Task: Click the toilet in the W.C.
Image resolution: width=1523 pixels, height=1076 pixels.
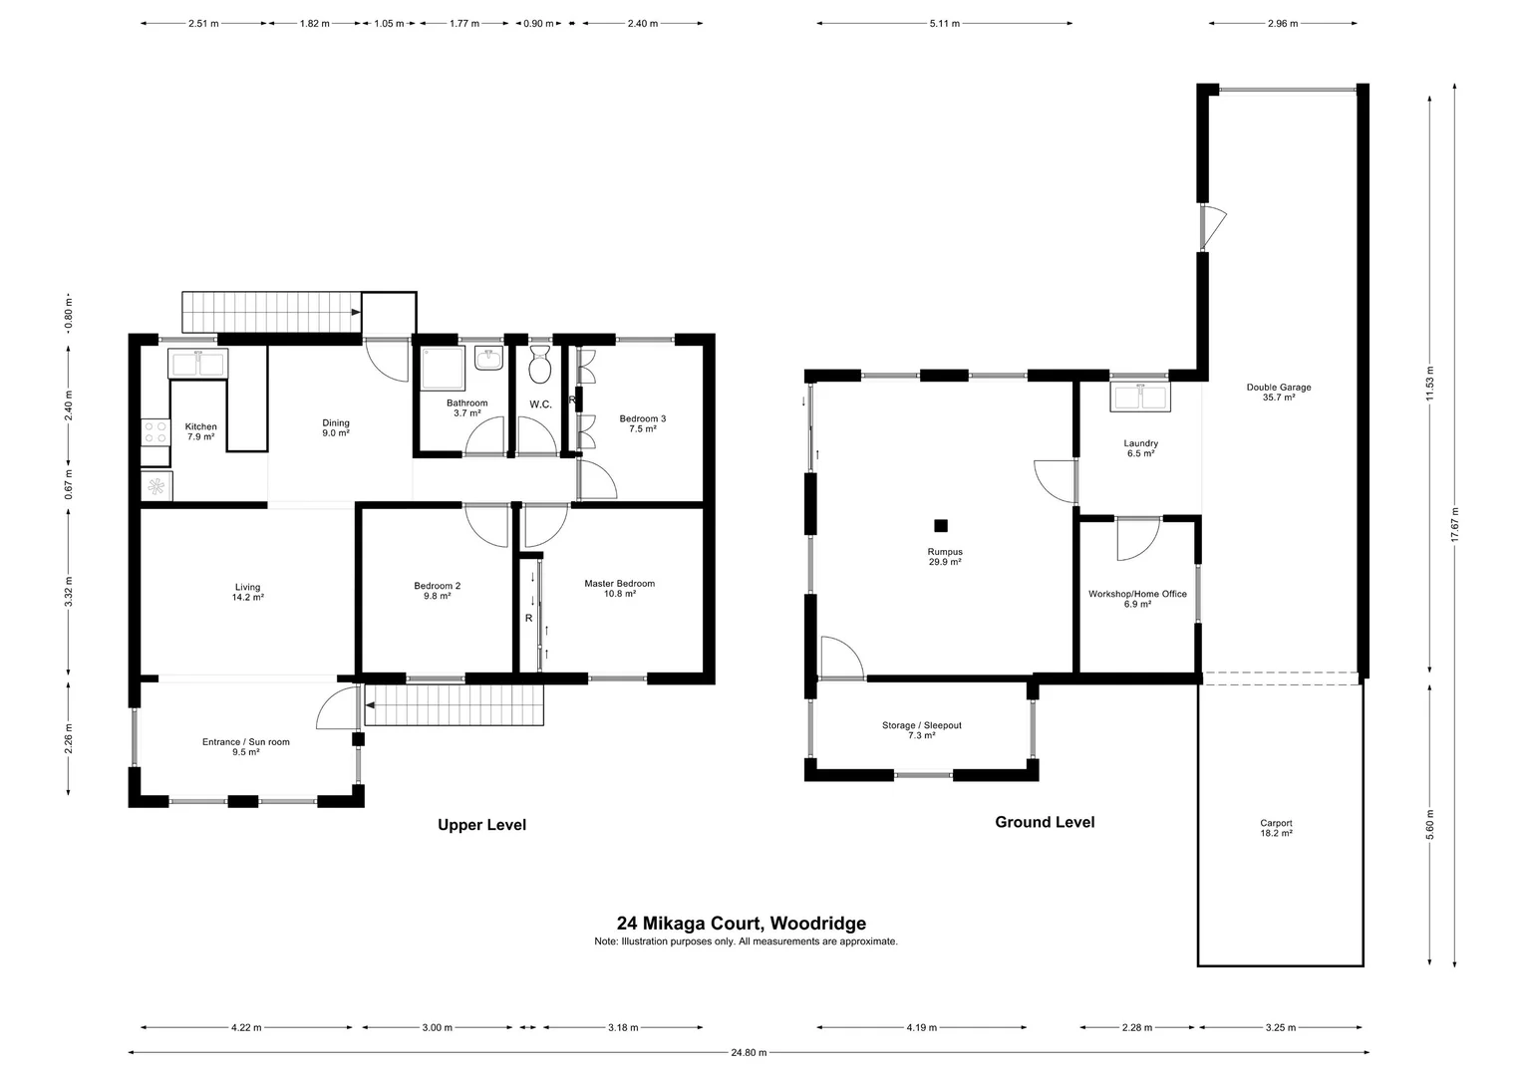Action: [x=540, y=367]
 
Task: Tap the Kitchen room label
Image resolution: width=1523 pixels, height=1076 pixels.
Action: [x=200, y=426]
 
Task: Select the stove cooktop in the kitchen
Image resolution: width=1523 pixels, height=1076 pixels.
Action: [x=155, y=431]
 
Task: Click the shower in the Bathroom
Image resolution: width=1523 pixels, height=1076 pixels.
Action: [x=441, y=369]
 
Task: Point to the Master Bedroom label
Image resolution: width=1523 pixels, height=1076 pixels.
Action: [x=619, y=584]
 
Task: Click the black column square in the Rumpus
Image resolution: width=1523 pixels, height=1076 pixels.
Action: [x=940, y=525]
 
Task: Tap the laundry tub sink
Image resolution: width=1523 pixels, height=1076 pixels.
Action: [x=1140, y=397]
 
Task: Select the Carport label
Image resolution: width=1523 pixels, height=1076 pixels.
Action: [x=1276, y=823]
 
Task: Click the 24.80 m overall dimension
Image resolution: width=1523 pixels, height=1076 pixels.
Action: [x=748, y=1052]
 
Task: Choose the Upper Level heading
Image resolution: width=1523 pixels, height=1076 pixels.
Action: [x=481, y=825]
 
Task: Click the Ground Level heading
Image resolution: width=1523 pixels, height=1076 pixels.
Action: [x=1045, y=822]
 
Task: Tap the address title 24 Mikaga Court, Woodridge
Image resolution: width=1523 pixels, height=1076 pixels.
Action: [x=741, y=924]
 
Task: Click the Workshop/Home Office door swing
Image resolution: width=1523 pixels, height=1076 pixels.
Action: [x=1134, y=539]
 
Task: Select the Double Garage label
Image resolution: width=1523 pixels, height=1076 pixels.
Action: [x=1278, y=388]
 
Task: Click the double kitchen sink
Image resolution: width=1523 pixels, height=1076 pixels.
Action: [x=197, y=363]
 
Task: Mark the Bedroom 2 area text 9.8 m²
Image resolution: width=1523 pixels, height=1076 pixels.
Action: [x=437, y=596]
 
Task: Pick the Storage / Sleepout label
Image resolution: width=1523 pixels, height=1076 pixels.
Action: [x=921, y=725]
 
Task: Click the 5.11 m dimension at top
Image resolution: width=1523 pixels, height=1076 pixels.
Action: [x=944, y=24]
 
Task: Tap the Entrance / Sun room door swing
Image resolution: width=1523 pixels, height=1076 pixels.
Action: [x=337, y=707]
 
